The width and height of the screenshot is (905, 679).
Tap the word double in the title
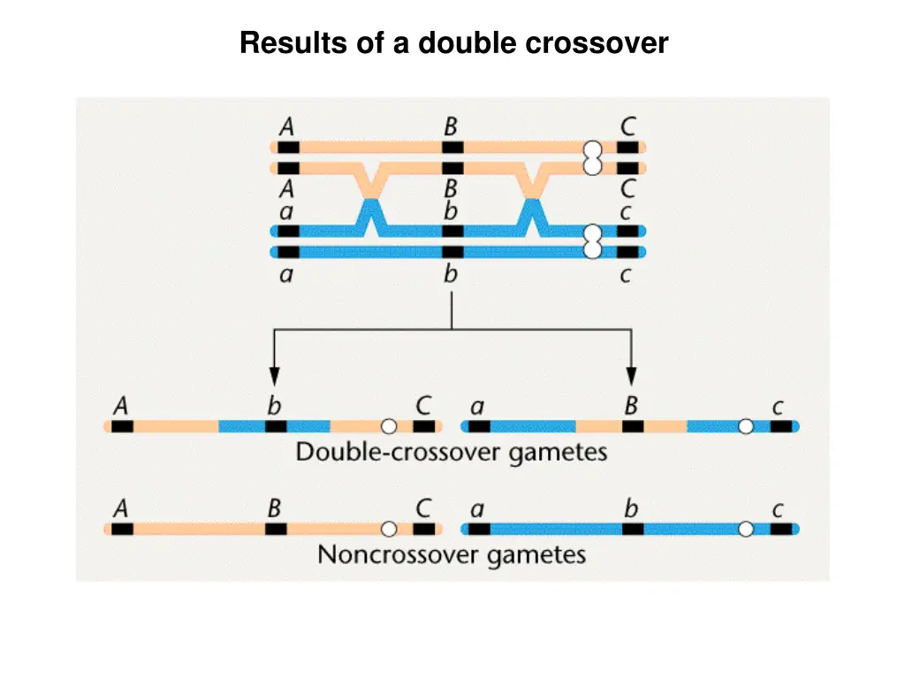(x=467, y=42)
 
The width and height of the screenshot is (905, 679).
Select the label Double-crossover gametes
(x=452, y=452)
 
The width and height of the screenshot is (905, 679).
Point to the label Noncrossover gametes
(x=452, y=555)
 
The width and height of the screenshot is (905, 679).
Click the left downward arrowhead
(x=274, y=376)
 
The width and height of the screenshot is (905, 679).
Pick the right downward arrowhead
(x=631, y=376)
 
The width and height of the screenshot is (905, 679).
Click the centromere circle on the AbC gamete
(x=389, y=426)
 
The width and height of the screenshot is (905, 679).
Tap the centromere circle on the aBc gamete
(x=746, y=426)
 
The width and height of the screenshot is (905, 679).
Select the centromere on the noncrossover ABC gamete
(x=389, y=529)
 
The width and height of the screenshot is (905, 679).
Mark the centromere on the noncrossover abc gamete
(x=746, y=529)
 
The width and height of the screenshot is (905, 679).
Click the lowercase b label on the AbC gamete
(x=274, y=406)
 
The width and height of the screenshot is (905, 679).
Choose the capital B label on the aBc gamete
(x=631, y=406)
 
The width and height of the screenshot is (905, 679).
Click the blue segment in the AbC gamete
(x=274, y=426)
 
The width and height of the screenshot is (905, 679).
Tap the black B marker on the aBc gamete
(x=633, y=426)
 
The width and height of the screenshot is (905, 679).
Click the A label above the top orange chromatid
(x=287, y=126)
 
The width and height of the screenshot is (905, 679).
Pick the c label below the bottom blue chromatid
(x=625, y=276)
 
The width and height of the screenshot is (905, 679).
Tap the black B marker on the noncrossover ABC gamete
(x=276, y=529)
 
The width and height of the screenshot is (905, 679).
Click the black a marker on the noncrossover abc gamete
(x=479, y=529)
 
